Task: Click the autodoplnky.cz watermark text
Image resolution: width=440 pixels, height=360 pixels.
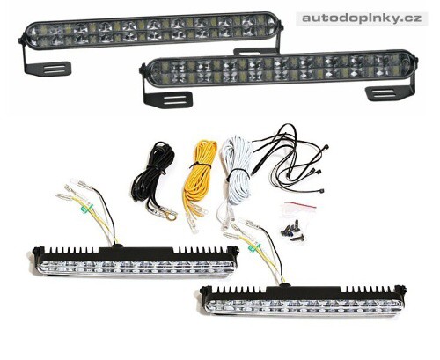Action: (362, 18)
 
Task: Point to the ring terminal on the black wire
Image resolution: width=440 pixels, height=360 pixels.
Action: (171, 217)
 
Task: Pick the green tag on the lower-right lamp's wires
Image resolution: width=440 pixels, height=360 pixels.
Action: (253, 249)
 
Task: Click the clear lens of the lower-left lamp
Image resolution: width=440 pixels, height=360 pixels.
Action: (136, 268)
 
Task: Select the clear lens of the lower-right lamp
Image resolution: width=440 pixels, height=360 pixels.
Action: (304, 306)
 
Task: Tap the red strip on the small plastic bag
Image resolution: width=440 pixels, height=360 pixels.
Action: (300, 204)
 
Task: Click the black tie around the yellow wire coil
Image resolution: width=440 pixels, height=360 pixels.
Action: (200, 166)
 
